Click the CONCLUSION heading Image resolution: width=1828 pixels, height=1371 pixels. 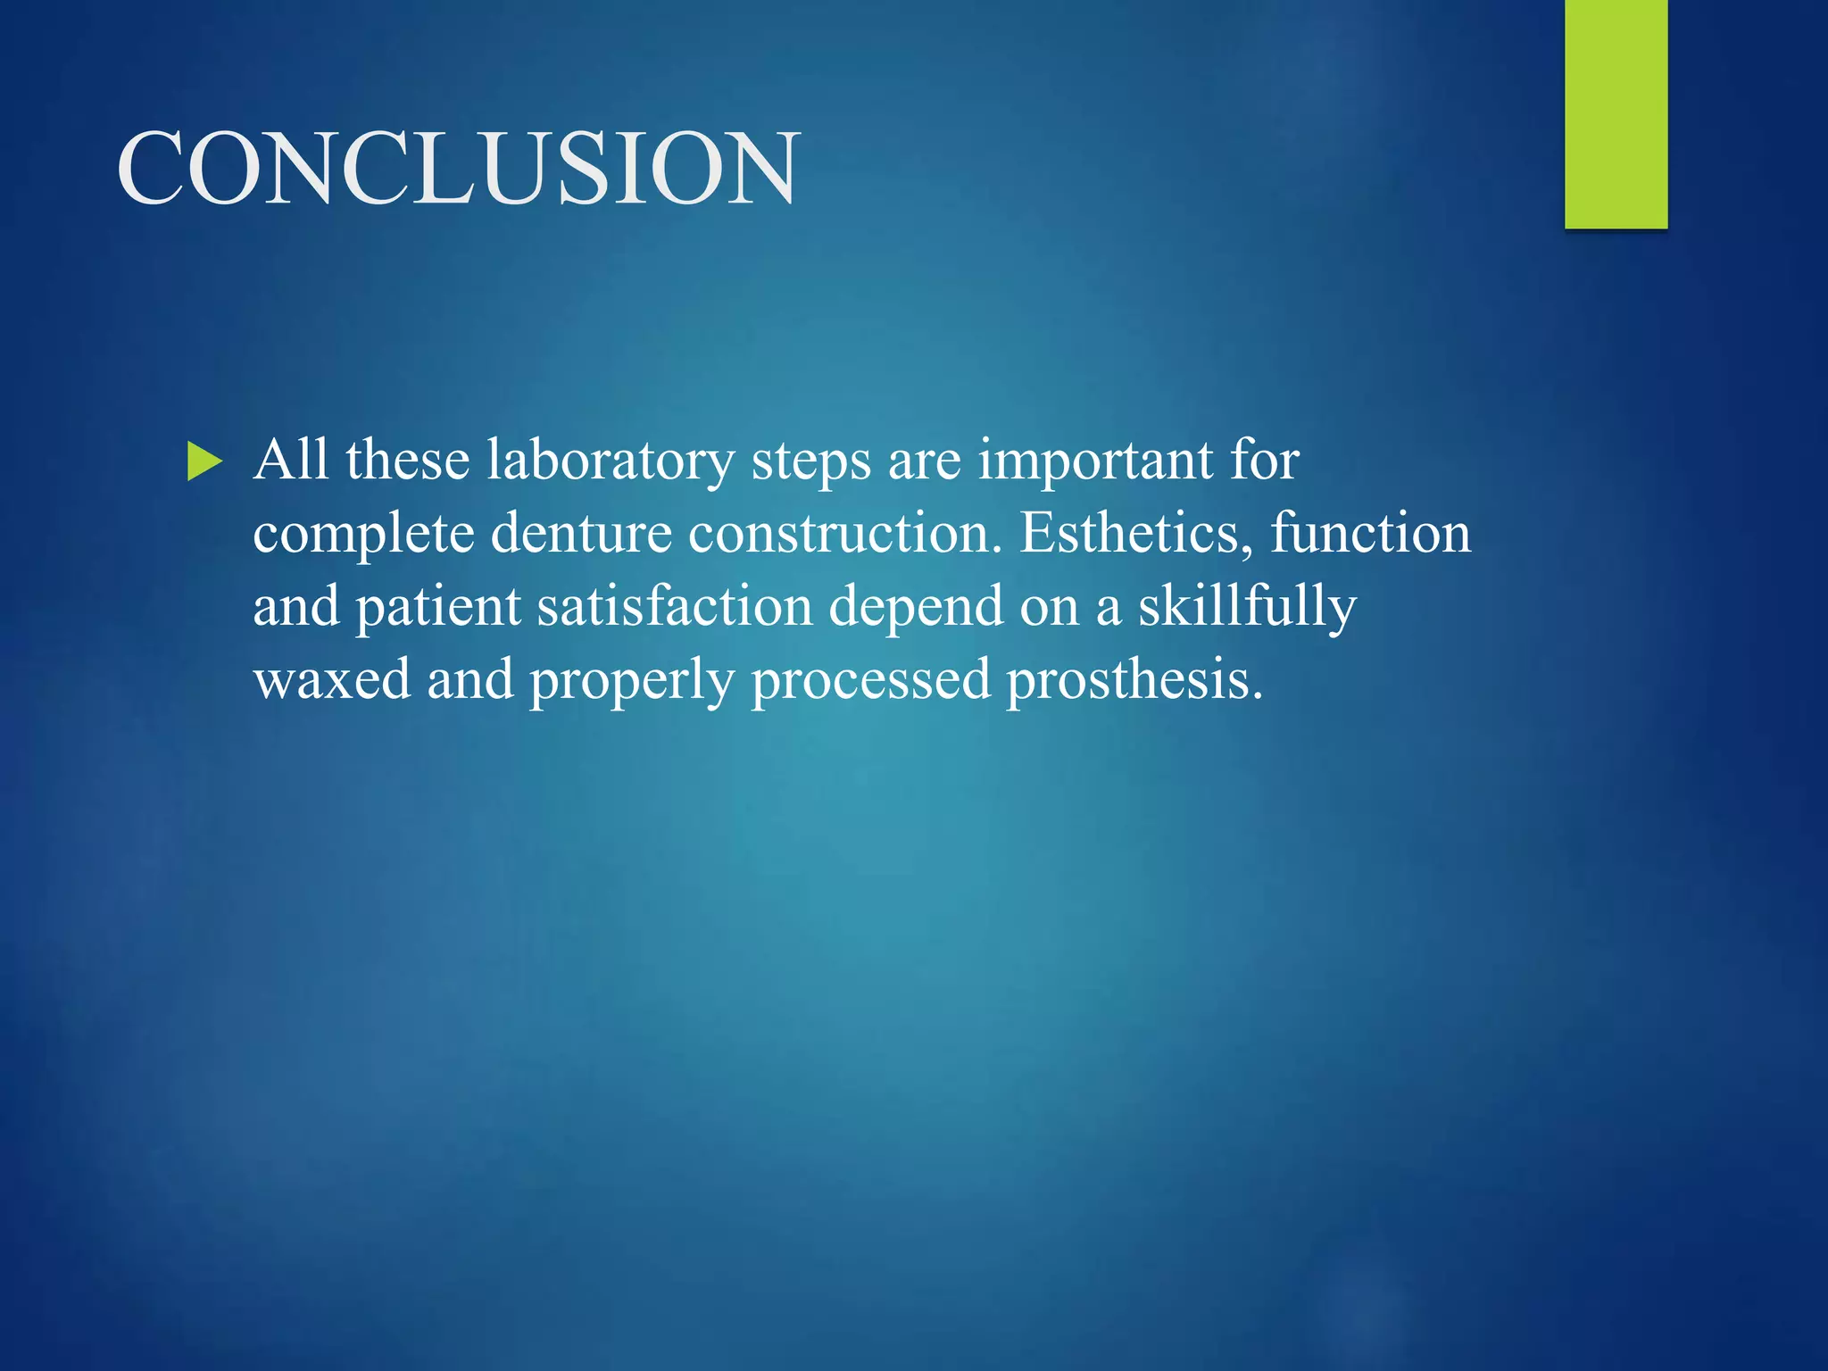[x=457, y=168]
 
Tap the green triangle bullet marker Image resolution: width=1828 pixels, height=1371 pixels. [x=204, y=462]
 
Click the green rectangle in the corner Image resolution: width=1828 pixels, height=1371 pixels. [x=1616, y=114]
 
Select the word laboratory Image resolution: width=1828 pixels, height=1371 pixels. [x=611, y=462]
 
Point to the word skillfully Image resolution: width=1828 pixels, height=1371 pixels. [x=1246, y=608]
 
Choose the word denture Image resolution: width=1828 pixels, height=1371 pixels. [x=580, y=534]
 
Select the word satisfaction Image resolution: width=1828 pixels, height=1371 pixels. [x=675, y=607]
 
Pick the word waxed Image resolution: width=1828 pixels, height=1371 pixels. [x=332, y=680]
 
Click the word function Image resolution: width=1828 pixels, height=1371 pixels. [x=1370, y=534]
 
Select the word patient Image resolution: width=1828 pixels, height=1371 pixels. [x=438, y=608]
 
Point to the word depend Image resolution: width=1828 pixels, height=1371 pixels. [x=916, y=608]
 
